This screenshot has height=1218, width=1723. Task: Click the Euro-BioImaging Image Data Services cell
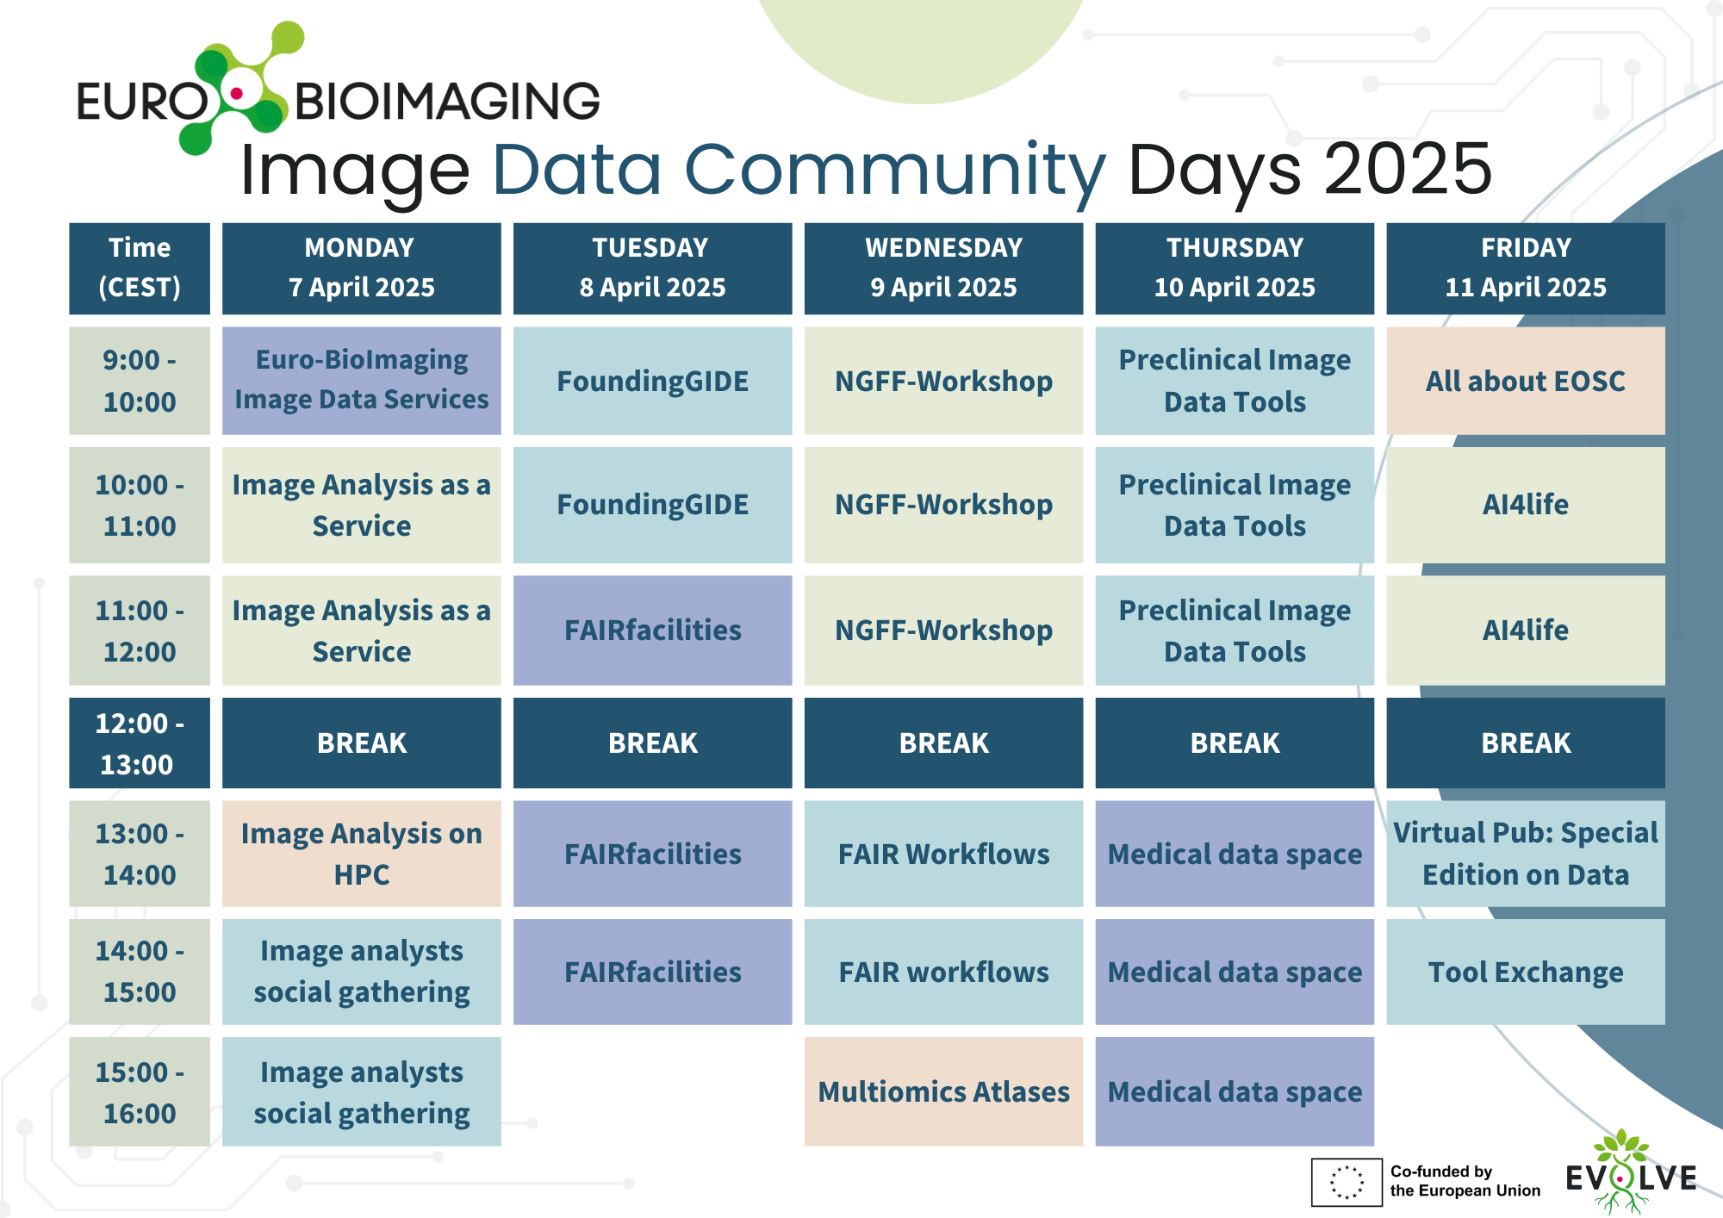362,380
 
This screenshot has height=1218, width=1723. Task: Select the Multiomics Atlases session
943,1091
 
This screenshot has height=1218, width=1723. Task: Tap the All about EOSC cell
1526,380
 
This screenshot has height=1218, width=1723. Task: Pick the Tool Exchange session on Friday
1526,972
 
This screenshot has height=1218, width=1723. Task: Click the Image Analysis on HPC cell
362,854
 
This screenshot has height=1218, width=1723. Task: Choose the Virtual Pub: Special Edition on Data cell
1526,854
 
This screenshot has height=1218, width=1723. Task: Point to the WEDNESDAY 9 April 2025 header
943,268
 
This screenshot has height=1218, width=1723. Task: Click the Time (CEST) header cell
140,268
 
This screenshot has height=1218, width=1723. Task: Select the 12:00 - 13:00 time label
140,743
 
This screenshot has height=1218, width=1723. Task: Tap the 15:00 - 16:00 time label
140,1091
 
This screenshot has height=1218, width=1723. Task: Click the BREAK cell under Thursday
1235,743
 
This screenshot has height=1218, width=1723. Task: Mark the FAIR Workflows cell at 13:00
943,854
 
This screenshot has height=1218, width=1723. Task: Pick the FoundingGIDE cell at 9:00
652,380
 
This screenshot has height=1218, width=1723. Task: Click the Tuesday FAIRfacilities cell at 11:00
652,630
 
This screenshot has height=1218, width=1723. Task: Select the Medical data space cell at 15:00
1235,1091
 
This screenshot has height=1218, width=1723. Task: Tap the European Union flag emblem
1347,1182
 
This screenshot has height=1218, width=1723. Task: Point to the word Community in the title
894,170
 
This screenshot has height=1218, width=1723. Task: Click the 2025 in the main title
1407,169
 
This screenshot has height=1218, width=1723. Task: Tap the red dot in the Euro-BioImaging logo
237,92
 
